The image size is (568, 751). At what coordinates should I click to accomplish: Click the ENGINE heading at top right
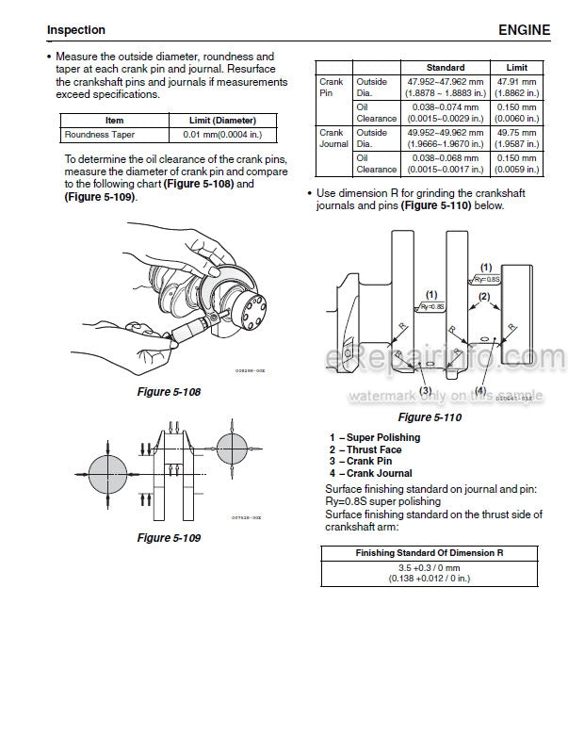click(x=525, y=30)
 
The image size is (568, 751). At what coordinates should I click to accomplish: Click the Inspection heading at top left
click(x=76, y=31)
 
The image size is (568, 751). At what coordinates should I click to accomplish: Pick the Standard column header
click(x=445, y=68)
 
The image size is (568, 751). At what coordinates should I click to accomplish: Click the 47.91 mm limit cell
click(x=517, y=88)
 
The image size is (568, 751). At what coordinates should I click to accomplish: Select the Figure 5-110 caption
click(x=429, y=416)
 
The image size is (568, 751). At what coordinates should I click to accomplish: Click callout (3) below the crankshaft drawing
click(x=425, y=390)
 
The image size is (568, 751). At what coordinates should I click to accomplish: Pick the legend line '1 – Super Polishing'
click(x=375, y=437)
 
